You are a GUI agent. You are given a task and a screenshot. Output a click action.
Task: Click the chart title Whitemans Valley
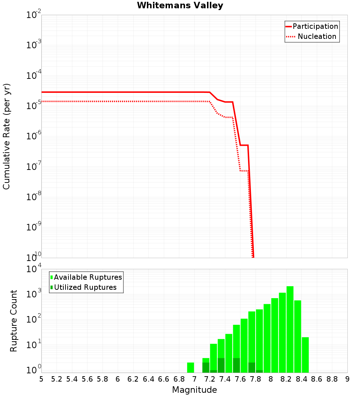[180, 5]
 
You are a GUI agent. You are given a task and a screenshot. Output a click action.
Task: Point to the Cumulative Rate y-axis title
[6, 136]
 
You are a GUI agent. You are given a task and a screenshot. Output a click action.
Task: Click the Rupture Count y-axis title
[14, 321]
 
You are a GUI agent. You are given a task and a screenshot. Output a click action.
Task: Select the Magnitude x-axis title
[194, 390]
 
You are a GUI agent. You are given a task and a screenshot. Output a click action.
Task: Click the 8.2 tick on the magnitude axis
[286, 379]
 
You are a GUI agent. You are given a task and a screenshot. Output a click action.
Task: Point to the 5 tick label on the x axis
[41, 379]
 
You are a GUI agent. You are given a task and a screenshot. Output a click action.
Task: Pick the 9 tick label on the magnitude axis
[347, 379]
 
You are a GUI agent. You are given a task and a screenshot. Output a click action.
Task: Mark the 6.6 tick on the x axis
[164, 379]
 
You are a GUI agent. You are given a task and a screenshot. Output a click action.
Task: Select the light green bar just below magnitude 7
[191, 368]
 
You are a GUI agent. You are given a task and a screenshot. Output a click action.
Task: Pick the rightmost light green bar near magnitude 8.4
[305, 355]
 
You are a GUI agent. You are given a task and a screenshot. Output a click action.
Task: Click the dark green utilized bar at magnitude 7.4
[221, 365]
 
